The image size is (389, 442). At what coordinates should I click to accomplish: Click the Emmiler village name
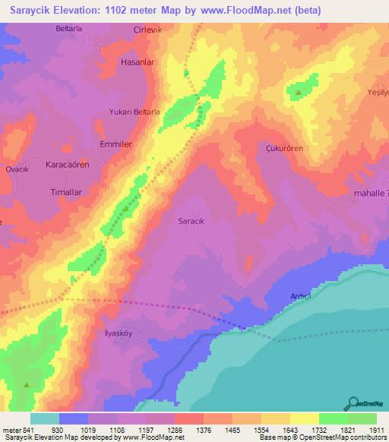tap(116, 144)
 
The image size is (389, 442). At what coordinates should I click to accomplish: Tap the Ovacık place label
tap(17, 169)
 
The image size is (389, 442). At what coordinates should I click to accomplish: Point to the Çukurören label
tap(285, 149)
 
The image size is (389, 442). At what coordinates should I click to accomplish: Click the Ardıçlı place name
tap(280, 297)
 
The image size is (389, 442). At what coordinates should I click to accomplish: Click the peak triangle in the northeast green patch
tap(299, 93)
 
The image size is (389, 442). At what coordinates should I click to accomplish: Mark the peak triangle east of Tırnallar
tap(126, 207)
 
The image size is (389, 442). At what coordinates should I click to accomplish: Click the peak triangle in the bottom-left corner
tap(27, 385)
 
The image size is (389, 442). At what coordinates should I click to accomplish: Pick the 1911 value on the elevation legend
tap(375, 430)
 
